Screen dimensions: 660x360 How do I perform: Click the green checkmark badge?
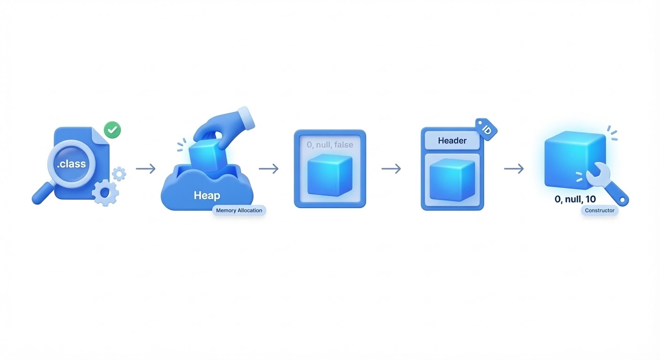point(112,130)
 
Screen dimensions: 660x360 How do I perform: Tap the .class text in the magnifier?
point(71,164)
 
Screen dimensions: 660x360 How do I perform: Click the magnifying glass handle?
point(41,195)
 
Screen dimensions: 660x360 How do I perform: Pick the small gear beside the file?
point(119,174)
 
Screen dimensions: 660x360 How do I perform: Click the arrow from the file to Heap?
point(146,169)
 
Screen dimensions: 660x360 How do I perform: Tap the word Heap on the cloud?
point(207,195)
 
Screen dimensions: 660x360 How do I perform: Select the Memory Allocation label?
point(239,210)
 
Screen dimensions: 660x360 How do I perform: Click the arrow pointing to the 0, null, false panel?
point(269,169)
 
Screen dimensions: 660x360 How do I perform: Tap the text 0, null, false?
point(330,145)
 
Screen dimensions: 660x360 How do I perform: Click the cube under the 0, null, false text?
point(330,175)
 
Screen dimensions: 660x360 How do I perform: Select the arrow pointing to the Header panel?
point(391,169)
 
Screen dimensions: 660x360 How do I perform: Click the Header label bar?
point(452,141)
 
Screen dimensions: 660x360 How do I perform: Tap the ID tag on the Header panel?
point(486,129)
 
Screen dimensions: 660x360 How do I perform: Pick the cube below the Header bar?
point(452,179)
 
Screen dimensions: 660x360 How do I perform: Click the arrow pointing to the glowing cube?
point(514,169)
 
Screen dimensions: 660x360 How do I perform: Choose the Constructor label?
point(600,210)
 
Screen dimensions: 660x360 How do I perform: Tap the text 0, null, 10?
point(575,199)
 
